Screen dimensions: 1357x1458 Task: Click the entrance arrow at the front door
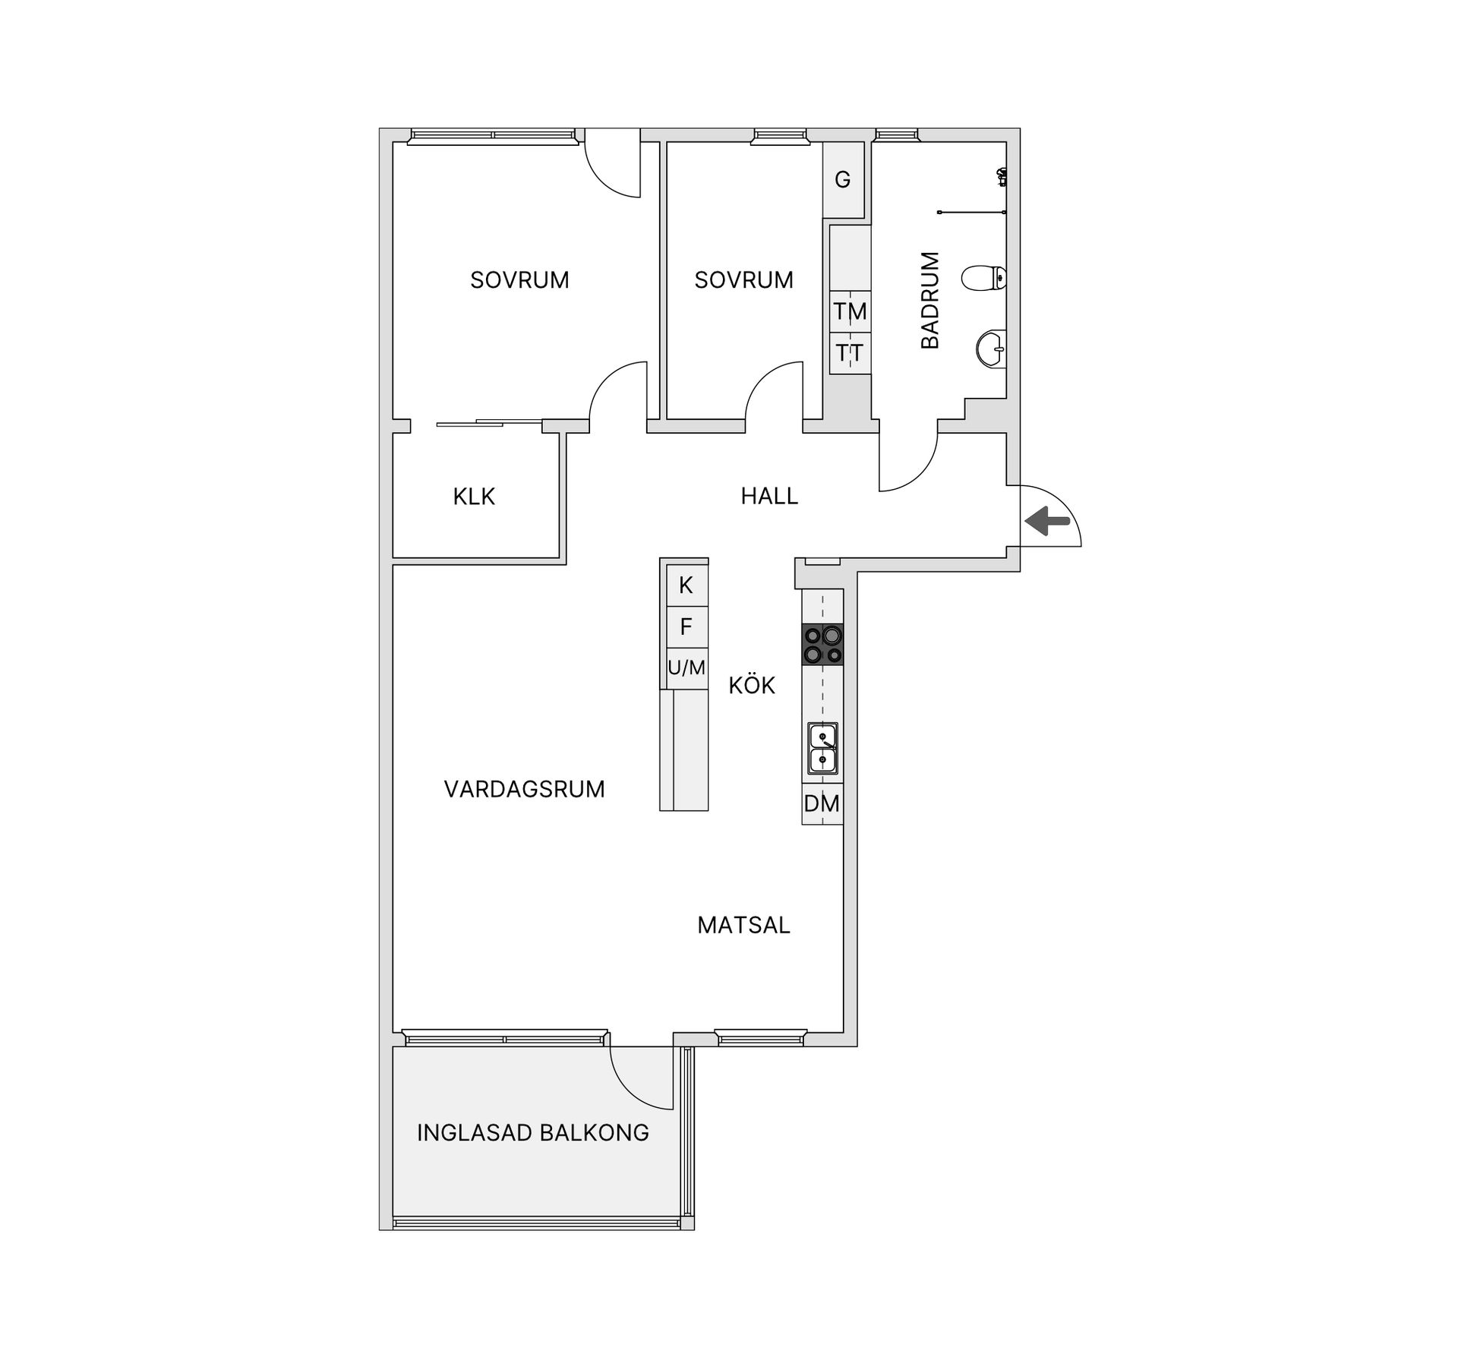(x=1047, y=521)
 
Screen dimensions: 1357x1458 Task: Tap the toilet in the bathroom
(x=984, y=278)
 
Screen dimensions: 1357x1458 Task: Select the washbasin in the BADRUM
(x=990, y=349)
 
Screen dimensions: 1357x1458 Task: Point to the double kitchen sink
(x=822, y=748)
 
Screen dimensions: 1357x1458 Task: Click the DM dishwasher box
(x=822, y=803)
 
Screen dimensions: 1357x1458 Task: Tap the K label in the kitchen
(x=686, y=585)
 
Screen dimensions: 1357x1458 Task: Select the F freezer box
(x=686, y=627)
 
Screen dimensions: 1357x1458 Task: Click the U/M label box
(x=686, y=668)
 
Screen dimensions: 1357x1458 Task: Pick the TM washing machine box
(x=850, y=311)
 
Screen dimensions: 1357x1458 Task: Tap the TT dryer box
(x=850, y=353)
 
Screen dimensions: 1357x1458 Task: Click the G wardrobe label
(x=843, y=180)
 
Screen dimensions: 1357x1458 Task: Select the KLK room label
(x=474, y=497)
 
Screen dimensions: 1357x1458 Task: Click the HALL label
(x=769, y=496)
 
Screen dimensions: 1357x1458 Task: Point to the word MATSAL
(x=743, y=925)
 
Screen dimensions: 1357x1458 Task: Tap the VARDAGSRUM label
(x=524, y=789)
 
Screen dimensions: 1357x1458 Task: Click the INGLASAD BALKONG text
(x=532, y=1133)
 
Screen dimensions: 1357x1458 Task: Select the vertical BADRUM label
(x=930, y=300)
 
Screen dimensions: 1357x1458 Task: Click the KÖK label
(x=752, y=686)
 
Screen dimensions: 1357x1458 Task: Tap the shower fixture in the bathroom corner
(x=1002, y=178)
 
